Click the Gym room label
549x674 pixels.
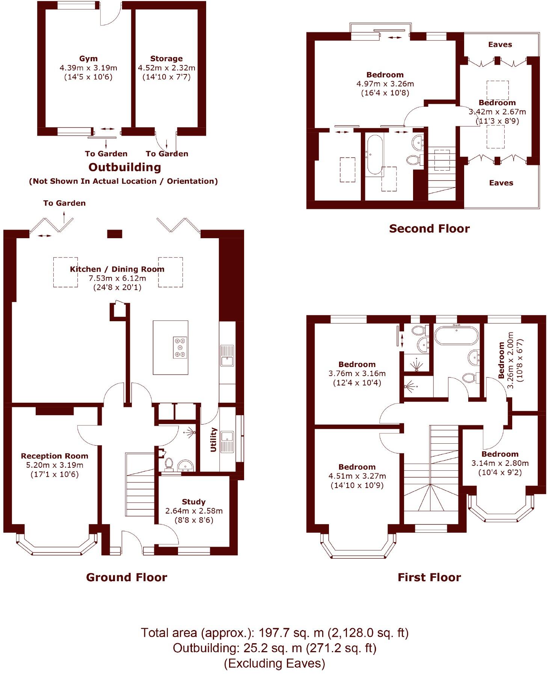(x=88, y=59)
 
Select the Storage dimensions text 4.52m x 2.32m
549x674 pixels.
(x=166, y=68)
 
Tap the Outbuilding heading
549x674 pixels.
(x=125, y=167)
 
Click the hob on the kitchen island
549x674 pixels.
(x=179, y=347)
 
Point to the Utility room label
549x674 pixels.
(x=214, y=440)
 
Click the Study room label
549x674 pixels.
(x=193, y=502)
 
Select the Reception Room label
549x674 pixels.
(x=54, y=456)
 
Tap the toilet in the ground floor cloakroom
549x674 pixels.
(x=169, y=464)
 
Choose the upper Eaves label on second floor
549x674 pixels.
(x=500, y=45)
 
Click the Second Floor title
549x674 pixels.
(x=429, y=229)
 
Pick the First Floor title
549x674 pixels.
(x=429, y=577)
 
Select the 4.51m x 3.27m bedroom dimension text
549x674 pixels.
(x=357, y=476)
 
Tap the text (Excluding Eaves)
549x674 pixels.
(x=274, y=663)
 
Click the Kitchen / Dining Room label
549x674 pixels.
(x=117, y=269)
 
